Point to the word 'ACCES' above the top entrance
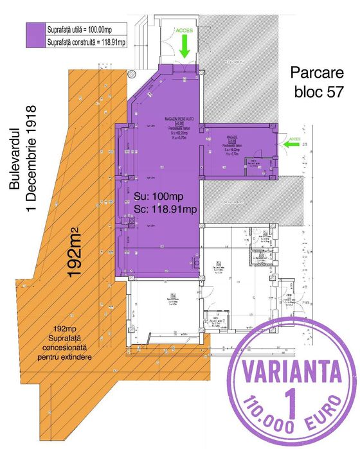[184, 30]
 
